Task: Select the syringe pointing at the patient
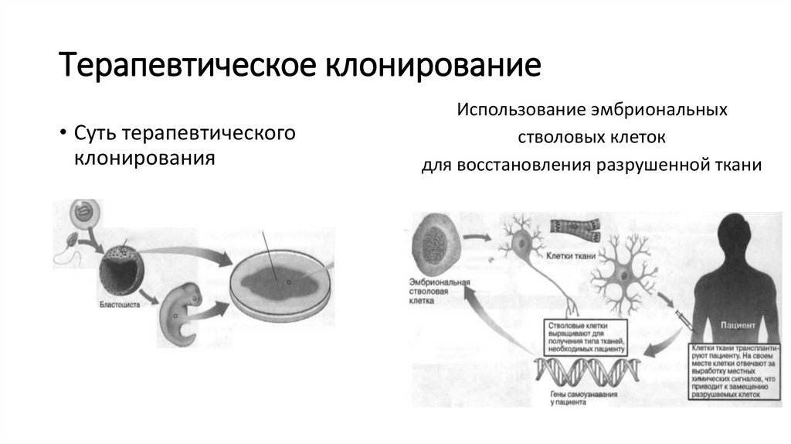[x=677, y=317]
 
